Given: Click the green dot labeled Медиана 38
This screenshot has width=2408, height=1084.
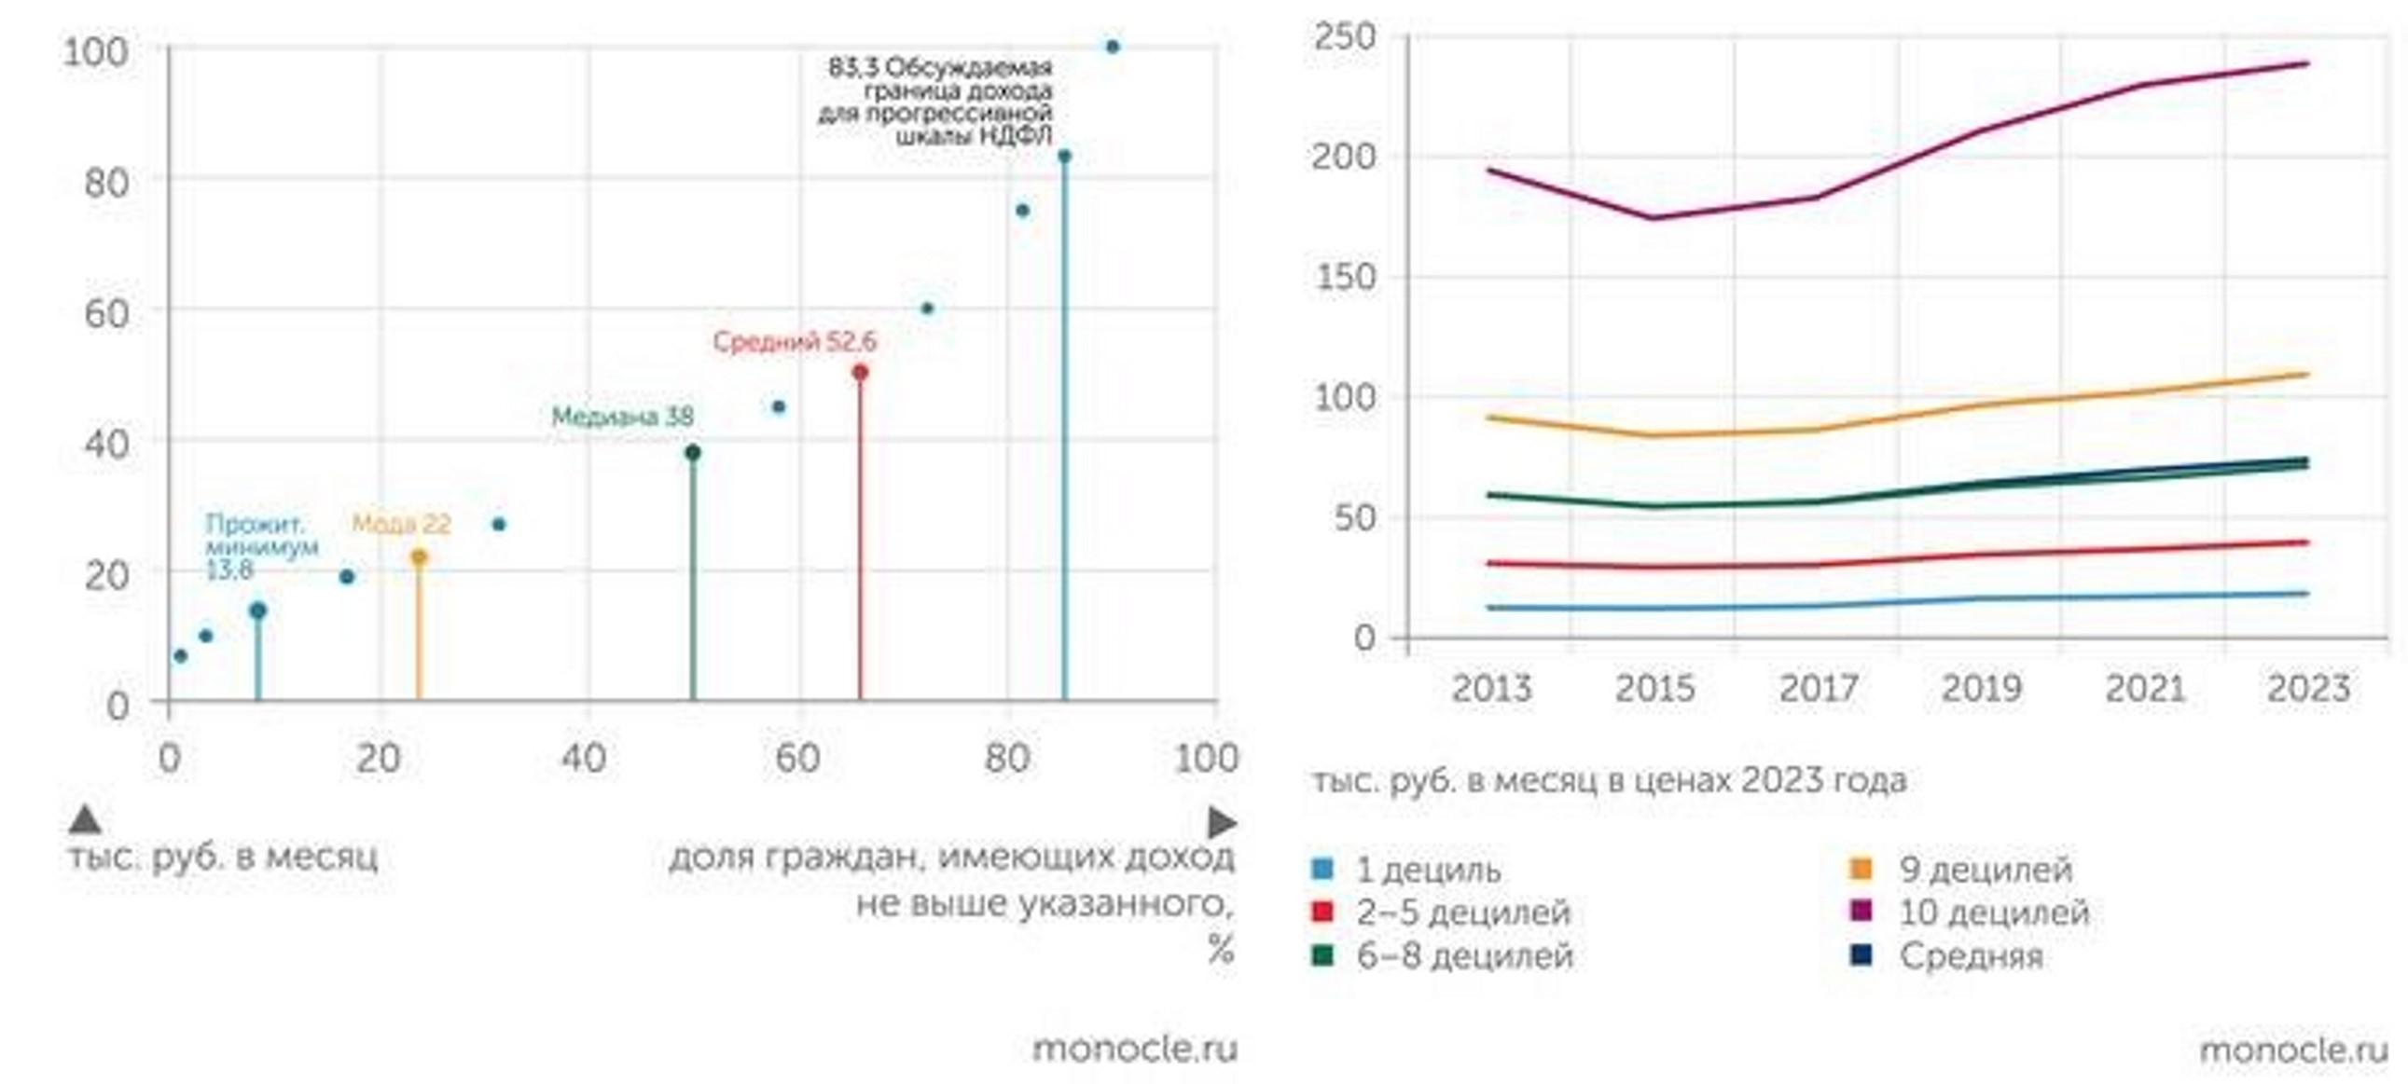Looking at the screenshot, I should [693, 453].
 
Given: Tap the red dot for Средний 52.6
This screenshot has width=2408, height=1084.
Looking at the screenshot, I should [860, 373].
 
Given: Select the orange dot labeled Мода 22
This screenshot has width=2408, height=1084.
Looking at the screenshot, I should [419, 557].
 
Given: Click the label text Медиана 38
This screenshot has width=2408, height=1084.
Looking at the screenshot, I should [623, 417].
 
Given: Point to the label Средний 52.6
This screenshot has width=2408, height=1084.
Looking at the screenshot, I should [795, 342].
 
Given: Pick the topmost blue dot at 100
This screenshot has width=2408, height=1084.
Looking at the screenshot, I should [1113, 47].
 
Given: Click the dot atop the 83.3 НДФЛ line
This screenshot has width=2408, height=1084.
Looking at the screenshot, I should [1064, 156].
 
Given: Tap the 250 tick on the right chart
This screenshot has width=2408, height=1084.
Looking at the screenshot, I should [1344, 38].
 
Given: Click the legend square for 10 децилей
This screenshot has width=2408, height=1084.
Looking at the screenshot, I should [1861, 911].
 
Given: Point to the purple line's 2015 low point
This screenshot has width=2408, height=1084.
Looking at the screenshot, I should [1654, 219].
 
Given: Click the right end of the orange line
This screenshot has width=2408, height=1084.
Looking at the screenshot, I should [2307, 375].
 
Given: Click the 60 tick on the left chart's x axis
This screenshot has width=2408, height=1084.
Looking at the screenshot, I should [797, 759].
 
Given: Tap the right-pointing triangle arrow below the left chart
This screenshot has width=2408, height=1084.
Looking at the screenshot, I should [1222, 823].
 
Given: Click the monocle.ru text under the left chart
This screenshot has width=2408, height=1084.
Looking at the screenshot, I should [1135, 1050].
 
